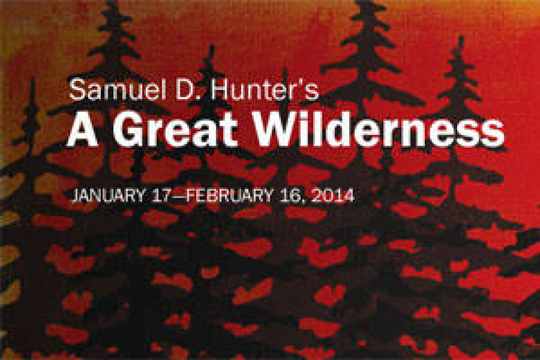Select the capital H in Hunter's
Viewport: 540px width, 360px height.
(x=220, y=89)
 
